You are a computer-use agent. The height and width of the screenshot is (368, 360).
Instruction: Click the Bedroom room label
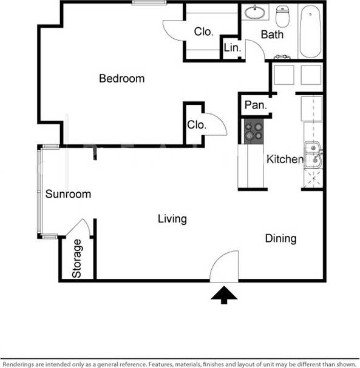click(x=122, y=78)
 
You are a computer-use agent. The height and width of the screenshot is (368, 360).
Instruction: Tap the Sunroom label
click(x=68, y=194)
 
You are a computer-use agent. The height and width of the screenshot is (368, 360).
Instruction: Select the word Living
click(x=172, y=219)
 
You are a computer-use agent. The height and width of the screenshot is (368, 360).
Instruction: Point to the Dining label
click(x=280, y=238)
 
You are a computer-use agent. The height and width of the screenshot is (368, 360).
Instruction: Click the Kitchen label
click(x=285, y=159)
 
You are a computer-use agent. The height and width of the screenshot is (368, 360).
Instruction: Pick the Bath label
click(x=272, y=35)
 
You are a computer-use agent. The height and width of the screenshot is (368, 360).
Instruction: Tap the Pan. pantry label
click(x=256, y=105)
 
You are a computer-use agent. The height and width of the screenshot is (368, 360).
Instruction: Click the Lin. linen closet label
click(x=232, y=47)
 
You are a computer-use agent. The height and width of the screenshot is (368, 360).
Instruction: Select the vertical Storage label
click(x=77, y=259)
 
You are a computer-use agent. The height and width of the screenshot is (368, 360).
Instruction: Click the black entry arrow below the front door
click(x=224, y=295)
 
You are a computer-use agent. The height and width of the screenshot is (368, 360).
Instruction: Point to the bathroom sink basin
click(x=255, y=12)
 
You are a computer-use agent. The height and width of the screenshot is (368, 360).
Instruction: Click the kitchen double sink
click(x=313, y=154)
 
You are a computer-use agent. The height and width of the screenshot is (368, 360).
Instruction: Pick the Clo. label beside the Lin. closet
click(x=203, y=32)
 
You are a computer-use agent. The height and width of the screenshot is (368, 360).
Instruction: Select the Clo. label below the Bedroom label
click(x=197, y=125)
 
